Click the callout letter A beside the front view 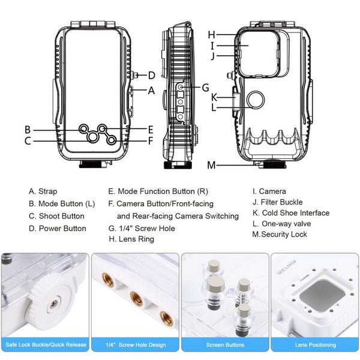[151, 91]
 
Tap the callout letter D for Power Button [151, 76]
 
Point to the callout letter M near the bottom [211, 165]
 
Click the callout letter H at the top [211, 34]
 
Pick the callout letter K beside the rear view [214, 97]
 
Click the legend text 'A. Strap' [43, 191]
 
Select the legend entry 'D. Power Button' [57, 228]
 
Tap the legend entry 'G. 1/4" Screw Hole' [142, 228]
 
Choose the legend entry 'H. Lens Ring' [131, 239]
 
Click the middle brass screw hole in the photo [134, 296]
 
